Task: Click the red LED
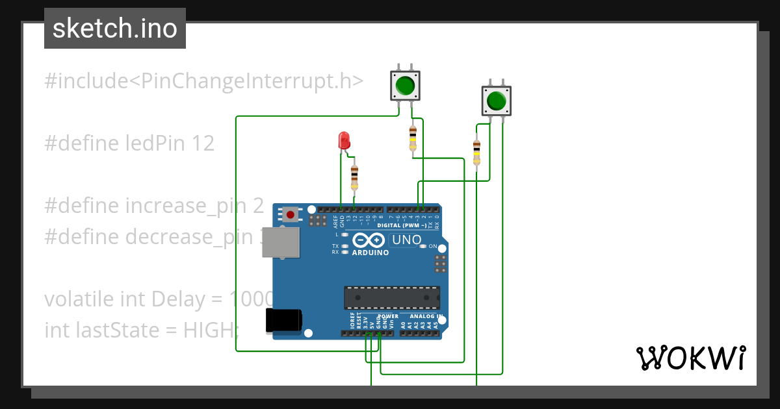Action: pyautogui.click(x=344, y=140)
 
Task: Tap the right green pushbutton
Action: pyautogui.click(x=496, y=101)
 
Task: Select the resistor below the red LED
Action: pyautogui.click(x=354, y=176)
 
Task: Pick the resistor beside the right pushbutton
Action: pyautogui.click(x=476, y=153)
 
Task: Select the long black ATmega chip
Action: pyautogui.click(x=391, y=297)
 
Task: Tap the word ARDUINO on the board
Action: pyautogui.click(x=370, y=253)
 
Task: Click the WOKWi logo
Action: pyautogui.click(x=690, y=358)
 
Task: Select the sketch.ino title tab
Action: pyautogui.click(x=115, y=29)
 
